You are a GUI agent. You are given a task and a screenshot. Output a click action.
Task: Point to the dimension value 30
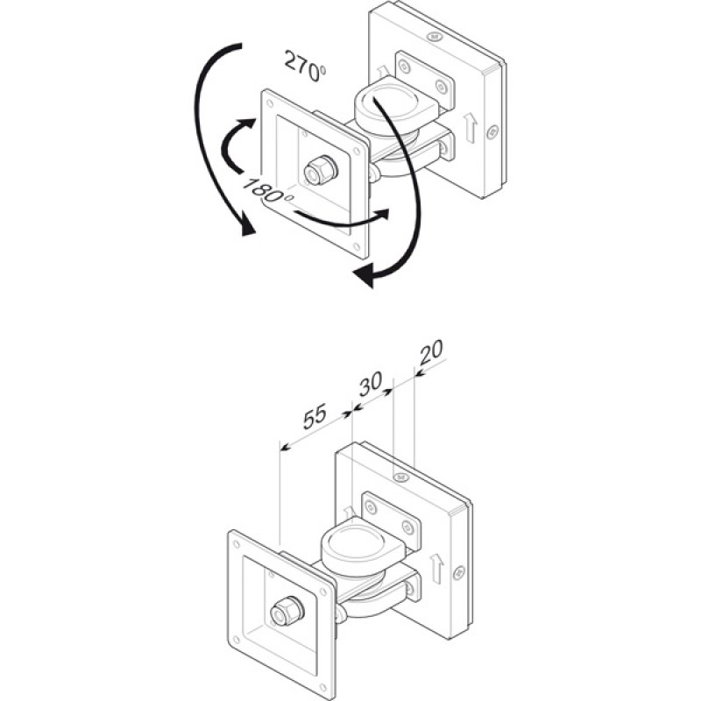(x=370, y=382)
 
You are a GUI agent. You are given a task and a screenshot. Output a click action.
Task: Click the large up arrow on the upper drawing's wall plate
(x=471, y=127)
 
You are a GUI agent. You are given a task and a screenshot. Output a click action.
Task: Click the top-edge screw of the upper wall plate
(x=435, y=38)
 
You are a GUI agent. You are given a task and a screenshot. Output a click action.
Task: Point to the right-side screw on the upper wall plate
(x=491, y=131)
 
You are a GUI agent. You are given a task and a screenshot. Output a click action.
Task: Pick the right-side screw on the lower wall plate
(x=457, y=572)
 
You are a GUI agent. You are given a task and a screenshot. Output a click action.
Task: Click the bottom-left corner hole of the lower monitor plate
(x=237, y=642)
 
